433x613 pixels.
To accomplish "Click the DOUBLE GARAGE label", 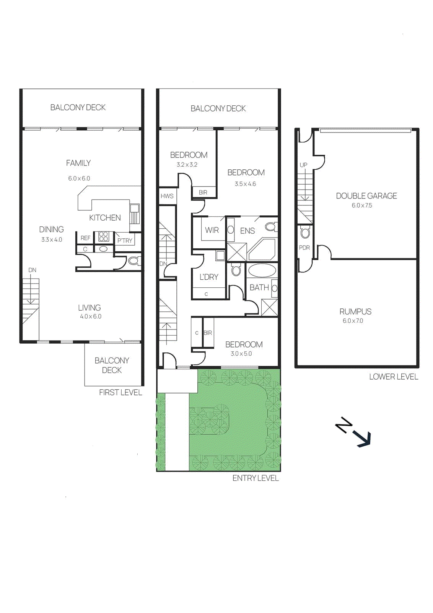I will pyautogui.click(x=366, y=196).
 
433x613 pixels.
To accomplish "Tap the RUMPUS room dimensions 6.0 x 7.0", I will pyautogui.click(x=353, y=321).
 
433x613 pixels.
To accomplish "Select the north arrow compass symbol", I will pyautogui.click(x=353, y=432).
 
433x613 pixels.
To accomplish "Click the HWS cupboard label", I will pyautogui.click(x=167, y=196).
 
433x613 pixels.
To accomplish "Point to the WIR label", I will pyautogui.click(x=212, y=230).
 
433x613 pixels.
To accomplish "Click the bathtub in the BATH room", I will pyautogui.click(x=262, y=271).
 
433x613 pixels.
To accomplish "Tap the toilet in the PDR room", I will pyautogui.click(x=305, y=232).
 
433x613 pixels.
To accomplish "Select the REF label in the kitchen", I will pyautogui.click(x=85, y=238).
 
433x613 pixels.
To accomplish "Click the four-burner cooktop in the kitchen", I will pyautogui.click(x=104, y=236).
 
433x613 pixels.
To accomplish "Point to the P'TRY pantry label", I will pyautogui.click(x=125, y=241).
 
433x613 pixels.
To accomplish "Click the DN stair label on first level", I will pyautogui.click(x=32, y=270).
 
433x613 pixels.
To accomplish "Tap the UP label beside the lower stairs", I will pyautogui.click(x=303, y=165).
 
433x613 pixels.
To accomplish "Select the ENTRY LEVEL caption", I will pyautogui.click(x=256, y=478).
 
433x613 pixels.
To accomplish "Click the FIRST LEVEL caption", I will pyautogui.click(x=120, y=392).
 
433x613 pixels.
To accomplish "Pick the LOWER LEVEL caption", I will pyautogui.click(x=394, y=377).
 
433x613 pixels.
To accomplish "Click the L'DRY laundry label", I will pyautogui.click(x=209, y=277).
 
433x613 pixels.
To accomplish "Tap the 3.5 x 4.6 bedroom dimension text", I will pyautogui.click(x=245, y=184).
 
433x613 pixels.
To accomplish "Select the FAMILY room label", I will pyautogui.click(x=78, y=163).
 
